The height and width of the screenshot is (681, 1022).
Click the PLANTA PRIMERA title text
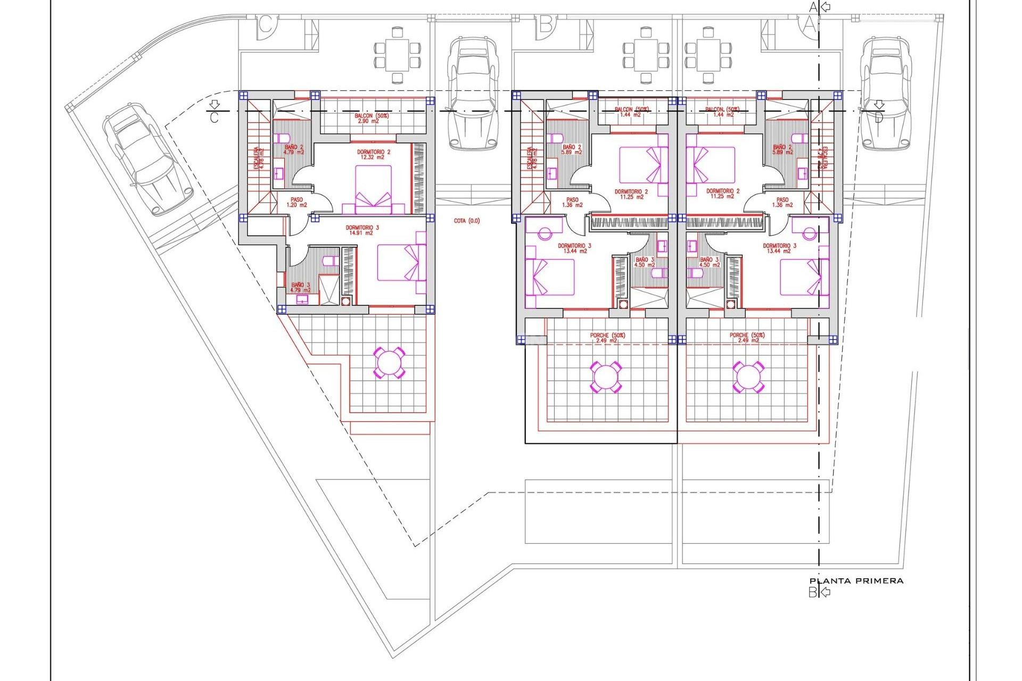pos(856,581)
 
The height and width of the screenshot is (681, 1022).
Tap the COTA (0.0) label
pos(467,221)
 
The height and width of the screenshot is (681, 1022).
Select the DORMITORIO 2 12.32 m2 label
pos(374,155)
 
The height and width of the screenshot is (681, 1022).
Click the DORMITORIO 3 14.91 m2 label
pos(362,230)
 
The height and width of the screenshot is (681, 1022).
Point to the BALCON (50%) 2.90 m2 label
pos(372,118)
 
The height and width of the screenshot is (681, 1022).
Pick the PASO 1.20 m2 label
pos(297,202)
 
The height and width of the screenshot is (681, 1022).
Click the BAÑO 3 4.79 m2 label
pos(301,287)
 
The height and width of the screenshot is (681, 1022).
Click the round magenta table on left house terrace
pos(390,363)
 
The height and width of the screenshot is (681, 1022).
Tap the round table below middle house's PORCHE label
pos(606,377)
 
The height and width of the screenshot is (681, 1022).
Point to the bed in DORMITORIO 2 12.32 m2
pos(374,189)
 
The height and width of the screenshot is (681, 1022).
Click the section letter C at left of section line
pos(214,118)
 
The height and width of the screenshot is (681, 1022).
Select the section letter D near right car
pos(878,118)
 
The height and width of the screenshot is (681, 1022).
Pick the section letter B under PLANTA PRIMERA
pos(813,592)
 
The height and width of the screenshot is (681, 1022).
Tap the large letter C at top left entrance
pos(266,24)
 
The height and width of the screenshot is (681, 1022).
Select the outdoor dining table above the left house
pos(397,55)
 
